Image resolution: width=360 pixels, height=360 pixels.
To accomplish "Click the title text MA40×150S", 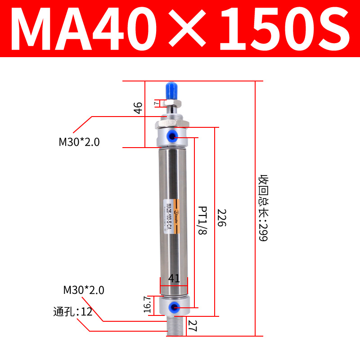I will coord(180,28).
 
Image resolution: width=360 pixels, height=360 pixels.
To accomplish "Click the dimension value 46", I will coord(139,108).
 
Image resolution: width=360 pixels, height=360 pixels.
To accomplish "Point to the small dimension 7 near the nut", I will coord(156,103).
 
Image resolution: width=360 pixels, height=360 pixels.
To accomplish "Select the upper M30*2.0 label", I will coord(79,142).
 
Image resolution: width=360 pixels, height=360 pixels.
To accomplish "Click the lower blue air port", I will coord(172,307).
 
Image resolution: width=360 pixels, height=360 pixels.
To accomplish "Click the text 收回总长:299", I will coord(262,208).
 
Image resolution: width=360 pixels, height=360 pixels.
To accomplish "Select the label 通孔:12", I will coord(72,311).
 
